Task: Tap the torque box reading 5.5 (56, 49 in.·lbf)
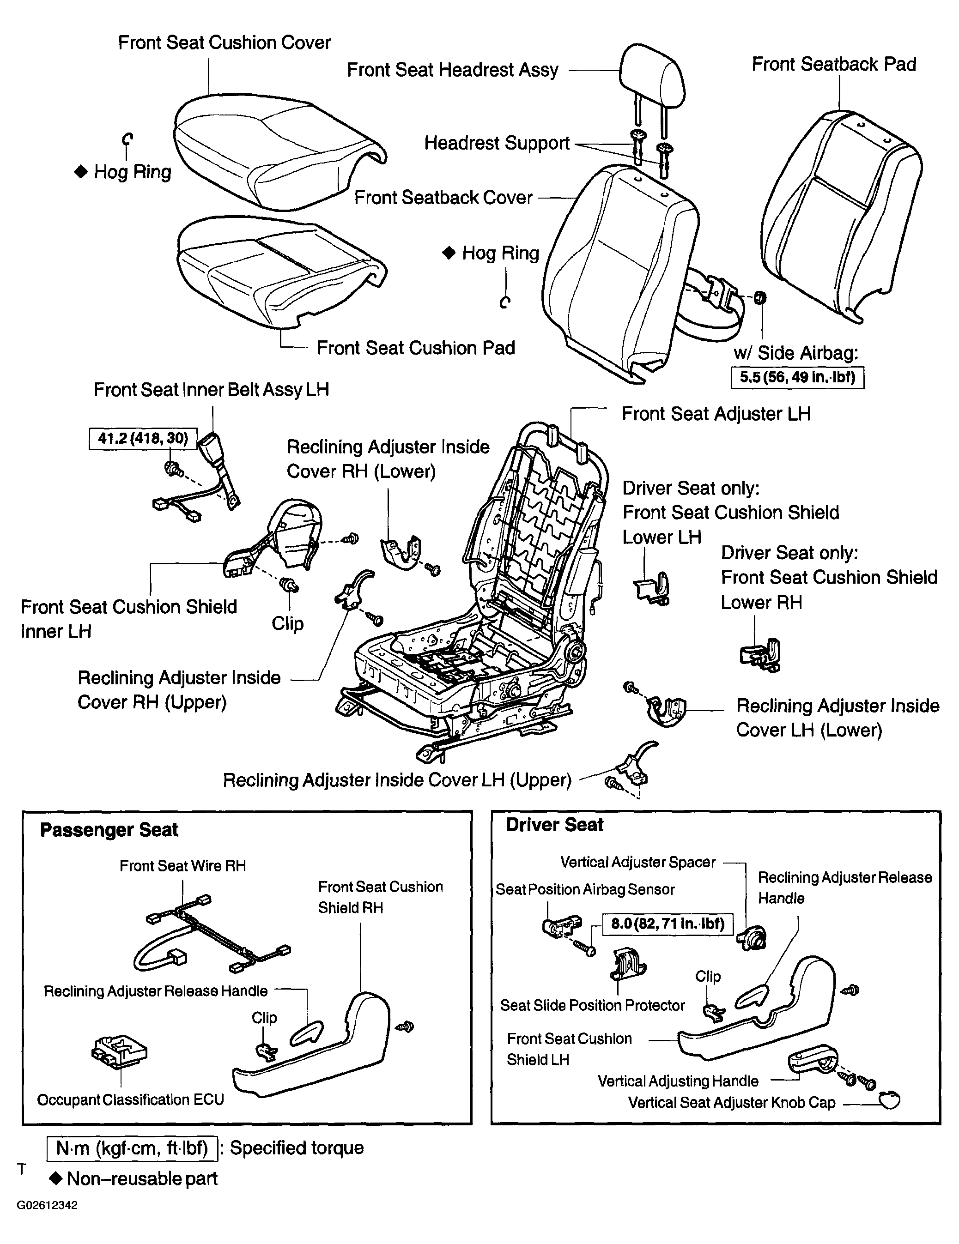[x=797, y=378]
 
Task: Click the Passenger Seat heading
[x=109, y=830]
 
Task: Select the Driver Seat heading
[x=554, y=825]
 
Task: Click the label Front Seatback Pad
[x=834, y=64]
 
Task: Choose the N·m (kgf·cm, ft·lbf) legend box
[x=132, y=1148]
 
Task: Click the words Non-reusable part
[x=142, y=1178]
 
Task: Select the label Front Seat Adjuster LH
[x=716, y=414]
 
